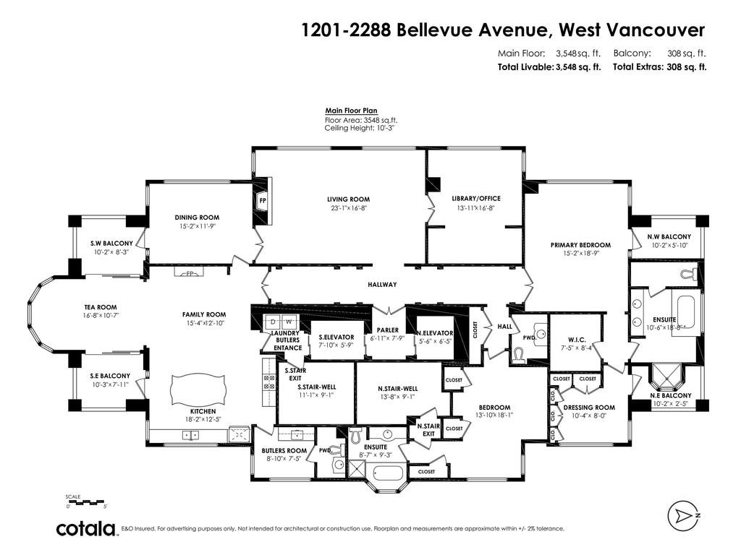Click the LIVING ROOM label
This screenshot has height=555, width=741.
click(x=349, y=199)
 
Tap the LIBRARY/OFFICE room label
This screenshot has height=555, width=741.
click(x=475, y=199)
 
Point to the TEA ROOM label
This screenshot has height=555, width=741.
click(x=100, y=307)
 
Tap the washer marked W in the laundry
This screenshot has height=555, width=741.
click(x=288, y=321)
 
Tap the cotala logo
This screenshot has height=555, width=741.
click(x=87, y=529)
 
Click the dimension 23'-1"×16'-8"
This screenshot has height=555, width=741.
click(x=349, y=209)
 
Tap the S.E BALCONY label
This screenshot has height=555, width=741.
click(x=110, y=376)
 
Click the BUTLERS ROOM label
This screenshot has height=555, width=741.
click(x=284, y=450)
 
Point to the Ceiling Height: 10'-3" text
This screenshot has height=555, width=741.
click(x=359, y=128)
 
